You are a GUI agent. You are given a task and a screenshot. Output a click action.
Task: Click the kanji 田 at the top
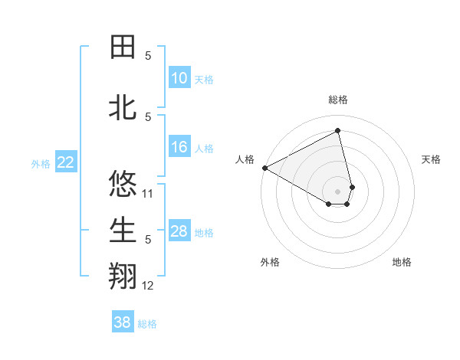coord(123,47)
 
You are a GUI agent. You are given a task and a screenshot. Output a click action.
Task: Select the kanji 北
coord(123,108)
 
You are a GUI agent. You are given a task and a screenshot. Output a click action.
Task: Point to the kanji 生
coord(123,231)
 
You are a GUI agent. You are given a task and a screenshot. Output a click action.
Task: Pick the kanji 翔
coord(123,277)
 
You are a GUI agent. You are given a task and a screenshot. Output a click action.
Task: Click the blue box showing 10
coord(179,78)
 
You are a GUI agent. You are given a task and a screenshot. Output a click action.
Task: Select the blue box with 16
coord(179,147)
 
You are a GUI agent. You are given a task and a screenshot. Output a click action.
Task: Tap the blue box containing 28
coord(179,231)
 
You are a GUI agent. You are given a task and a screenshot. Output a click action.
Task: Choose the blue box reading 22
coord(66,162)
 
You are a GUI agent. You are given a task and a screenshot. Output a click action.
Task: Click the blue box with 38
coord(123,322)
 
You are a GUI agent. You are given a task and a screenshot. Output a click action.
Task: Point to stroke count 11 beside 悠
coord(149,194)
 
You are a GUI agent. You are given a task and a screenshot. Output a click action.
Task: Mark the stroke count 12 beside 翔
coord(149,286)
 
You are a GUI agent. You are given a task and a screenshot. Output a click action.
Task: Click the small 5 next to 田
coord(149,56)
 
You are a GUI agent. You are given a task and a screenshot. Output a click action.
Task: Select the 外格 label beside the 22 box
coord(41,163)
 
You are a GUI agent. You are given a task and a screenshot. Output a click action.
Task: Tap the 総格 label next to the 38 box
coord(148,324)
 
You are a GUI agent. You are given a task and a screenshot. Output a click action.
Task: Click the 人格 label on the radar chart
coord(245,159)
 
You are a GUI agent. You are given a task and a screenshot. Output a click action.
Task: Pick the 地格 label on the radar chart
coord(402,262)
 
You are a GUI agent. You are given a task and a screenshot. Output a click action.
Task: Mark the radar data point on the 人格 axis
coord(264,168)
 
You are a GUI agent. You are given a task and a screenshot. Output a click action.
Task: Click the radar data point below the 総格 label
coord(338,131)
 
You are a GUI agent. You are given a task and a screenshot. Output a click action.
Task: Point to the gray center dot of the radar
coord(338,191)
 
